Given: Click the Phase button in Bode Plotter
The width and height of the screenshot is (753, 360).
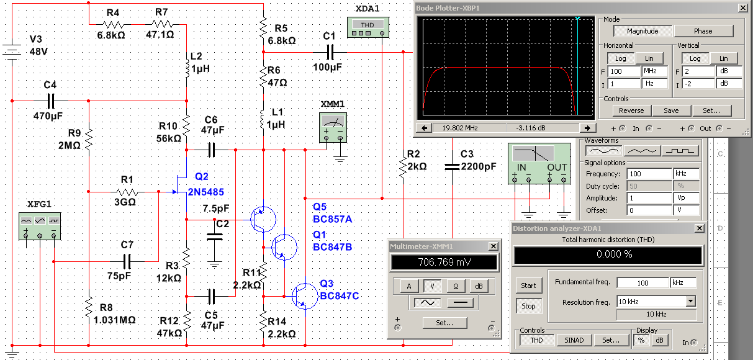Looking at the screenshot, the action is point(703,31).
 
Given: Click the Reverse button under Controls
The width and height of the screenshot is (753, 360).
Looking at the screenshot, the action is point(631,110).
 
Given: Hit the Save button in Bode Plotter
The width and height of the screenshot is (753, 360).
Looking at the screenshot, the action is point(671,110).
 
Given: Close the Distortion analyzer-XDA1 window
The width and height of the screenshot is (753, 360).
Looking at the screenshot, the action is point(699,228).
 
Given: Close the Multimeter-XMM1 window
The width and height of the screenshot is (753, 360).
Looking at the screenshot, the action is point(493,246).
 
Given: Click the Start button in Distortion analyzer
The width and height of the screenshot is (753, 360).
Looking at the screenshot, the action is point(528,286).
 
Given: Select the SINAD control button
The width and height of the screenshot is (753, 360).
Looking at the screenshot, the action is point(574,340).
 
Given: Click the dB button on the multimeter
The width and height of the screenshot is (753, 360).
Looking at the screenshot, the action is point(479,286).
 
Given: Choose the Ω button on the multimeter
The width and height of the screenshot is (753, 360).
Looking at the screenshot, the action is point(456,286).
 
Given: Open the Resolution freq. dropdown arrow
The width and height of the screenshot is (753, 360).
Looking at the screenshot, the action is point(690,301).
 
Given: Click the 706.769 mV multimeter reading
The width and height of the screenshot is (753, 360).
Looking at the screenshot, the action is point(444,262).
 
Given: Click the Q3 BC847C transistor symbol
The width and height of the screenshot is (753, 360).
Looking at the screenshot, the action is point(304,296).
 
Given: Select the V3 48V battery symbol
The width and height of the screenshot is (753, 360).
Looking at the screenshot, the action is point(12,51).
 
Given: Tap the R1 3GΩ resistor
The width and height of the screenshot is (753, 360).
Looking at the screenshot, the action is point(127,192).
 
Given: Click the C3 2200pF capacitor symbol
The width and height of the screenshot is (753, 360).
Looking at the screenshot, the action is point(452,167).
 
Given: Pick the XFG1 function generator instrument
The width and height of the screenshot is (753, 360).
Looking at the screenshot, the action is point(40,226).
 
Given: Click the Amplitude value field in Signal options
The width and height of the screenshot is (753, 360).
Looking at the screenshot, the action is point(649,198).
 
